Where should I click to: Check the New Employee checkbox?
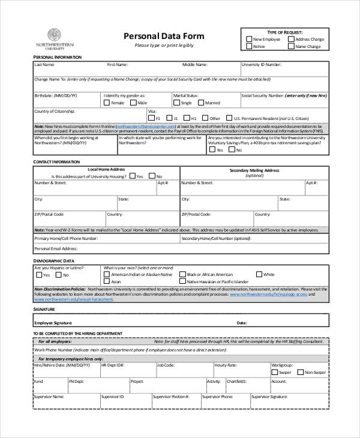coord(249,40)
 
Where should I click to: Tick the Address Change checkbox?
coord(291,40)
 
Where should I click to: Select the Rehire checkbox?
coord(249,46)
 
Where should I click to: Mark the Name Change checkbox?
coord(291,46)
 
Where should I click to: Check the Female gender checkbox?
coord(106,103)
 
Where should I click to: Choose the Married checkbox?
coord(201,103)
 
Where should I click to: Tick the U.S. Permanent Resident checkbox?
coord(229,118)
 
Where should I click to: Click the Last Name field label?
coord(44,64)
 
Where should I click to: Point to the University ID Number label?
coord(262,64)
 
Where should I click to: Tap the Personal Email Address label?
coord(55,248)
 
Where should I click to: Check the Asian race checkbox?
coord(106,281)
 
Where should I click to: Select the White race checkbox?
coord(259,274)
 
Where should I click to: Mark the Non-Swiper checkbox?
coord(299,373)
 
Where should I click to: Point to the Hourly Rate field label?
coord(225,365)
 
